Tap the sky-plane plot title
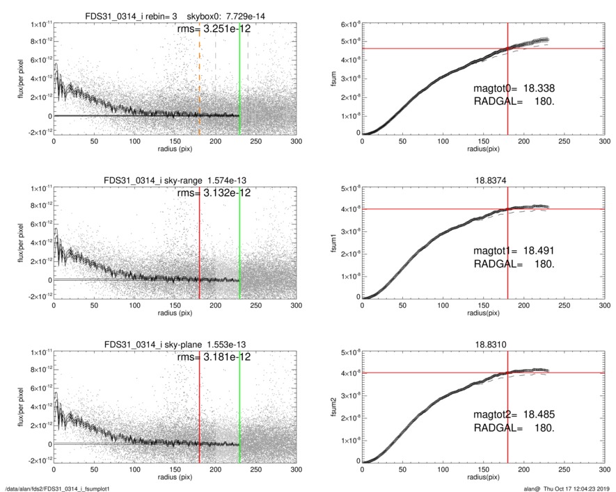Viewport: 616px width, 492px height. click(x=175, y=343)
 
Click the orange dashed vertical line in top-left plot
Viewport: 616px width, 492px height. click(x=200, y=76)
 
